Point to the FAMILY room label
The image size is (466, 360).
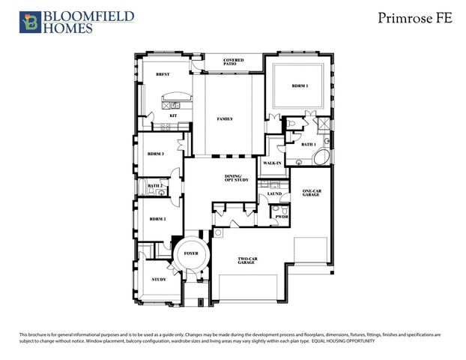coord(225,118)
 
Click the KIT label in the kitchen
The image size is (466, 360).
coord(173,115)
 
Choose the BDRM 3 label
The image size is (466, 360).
coord(156,154)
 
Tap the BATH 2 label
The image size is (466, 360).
coord(155,185)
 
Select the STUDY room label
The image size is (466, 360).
coord(158,279)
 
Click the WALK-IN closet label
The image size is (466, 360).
coord(272,162)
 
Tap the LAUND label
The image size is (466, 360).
coord(274,193)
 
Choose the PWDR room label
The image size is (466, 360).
coord(282,217)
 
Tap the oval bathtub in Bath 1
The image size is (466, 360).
coord(320,159)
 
